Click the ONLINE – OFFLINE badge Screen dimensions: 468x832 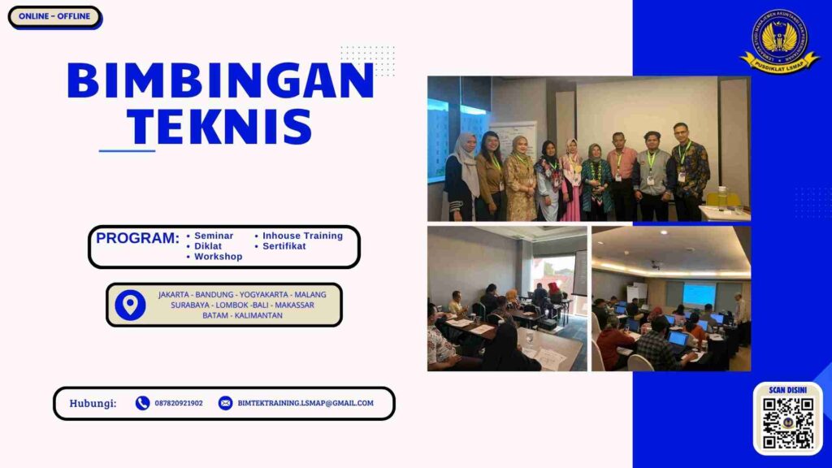pyautogui.click(x=54, y=16)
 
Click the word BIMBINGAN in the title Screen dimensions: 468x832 pyautogui.click(x=220, y=81)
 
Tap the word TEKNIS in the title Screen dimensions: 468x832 pyautogui.click(x=220, y=127)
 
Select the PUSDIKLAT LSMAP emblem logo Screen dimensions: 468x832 pyautogui.click(x=779, y=41)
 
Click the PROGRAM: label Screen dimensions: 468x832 pyautogui.click(x=137, y=239)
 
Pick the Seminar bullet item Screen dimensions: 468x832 pyautogui.click(x=213, y=236)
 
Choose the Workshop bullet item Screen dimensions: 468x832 pyautogui.click(x=218, y=257)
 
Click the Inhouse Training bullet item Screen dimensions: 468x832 pyautogui.click(x=302, y=236)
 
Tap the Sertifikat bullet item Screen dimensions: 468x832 pyautogui.click(x=284, y=246)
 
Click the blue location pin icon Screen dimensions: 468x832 pyautogui.click(x=130, y=305)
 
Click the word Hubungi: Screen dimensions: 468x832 pyautogui.click(x=93, y=403)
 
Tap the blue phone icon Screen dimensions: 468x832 pyautogui.click(x=143, y=403)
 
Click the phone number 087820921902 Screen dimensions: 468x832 pyautogui.click(x=179, y=403)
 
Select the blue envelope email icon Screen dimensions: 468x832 pyautogui.click(x=225, y=403)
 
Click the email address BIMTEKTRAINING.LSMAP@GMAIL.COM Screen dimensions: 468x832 pyautogui.click(x=305, y=403)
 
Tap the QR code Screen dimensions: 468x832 pyautogui.click(x=787, y=422)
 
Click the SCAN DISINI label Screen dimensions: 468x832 pyautogui.click(x=787, y=390)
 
